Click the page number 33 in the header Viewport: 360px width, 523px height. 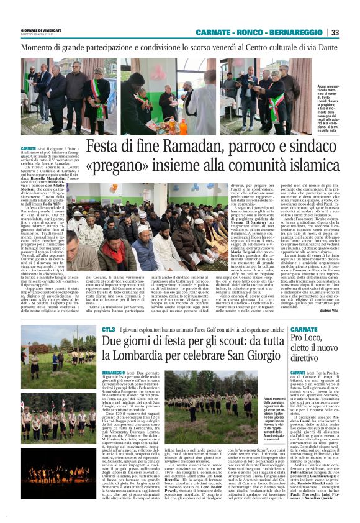pos(335,33)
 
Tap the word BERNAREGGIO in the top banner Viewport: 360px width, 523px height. pos(297,33)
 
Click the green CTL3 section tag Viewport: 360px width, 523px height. pos(91,328)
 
